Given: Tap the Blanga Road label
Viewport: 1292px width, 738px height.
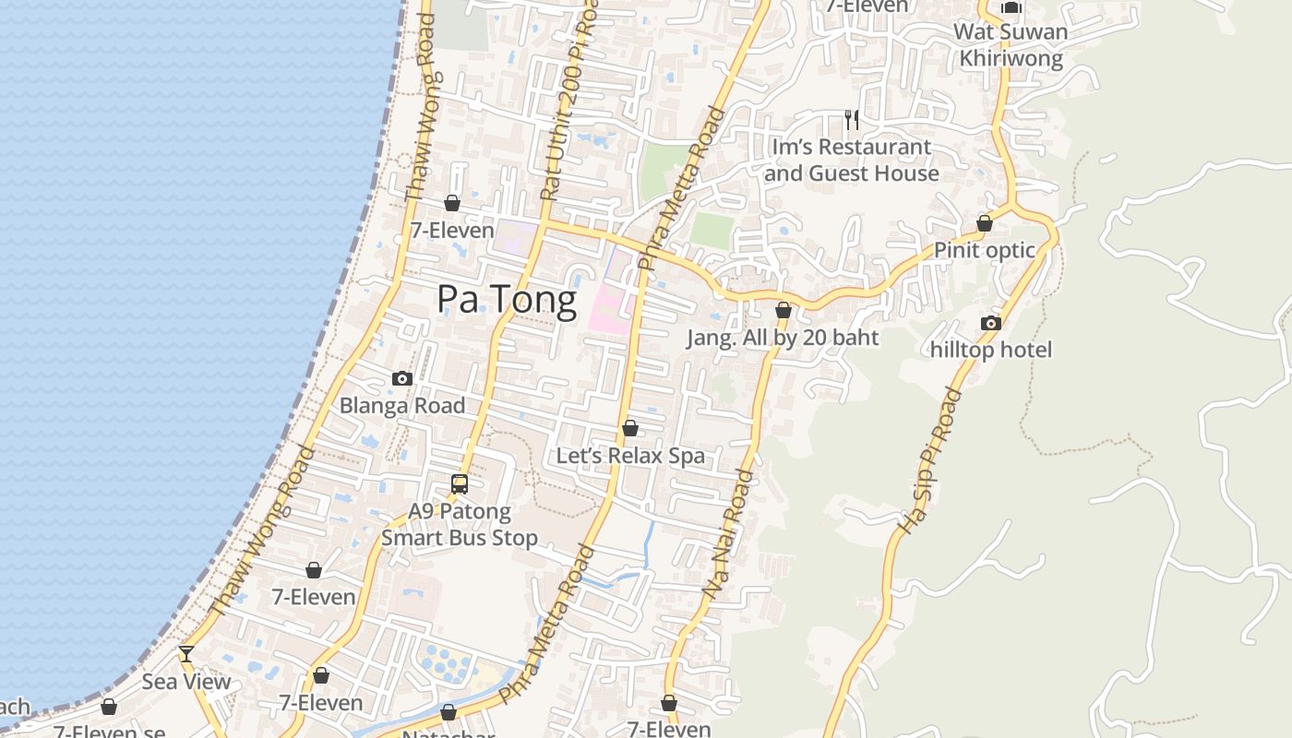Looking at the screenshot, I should tap(402, 405).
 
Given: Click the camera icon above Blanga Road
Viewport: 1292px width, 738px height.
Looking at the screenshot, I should tap(401, 378).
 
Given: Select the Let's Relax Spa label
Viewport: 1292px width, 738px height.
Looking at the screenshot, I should tap(630, 456).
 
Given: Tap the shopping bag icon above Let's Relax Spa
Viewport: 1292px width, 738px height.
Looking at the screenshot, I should tap(630, 428).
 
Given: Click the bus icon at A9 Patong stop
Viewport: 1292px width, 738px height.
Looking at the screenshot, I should tap(460, 483).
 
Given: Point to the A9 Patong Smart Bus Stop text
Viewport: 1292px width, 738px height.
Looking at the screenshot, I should tap(460, 524).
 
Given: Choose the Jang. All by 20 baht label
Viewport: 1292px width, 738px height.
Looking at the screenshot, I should tap(783, 338).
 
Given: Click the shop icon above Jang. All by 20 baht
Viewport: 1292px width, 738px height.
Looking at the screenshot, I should tap(784, 311).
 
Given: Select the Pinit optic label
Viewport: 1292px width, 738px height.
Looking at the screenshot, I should tap(985, 250).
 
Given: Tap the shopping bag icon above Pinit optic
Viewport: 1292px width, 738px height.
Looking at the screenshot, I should tap(985, 223).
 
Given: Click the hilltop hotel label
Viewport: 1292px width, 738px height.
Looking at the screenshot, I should tap(991, 350).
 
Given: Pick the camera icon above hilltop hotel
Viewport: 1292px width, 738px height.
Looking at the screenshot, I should tap(991, 323).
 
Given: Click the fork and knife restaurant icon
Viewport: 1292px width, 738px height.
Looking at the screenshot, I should tap(852, 119).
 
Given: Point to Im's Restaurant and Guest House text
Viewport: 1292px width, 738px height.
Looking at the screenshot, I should tap(852, 160).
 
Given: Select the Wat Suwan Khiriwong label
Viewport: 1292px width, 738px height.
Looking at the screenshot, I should tap(1011, 45).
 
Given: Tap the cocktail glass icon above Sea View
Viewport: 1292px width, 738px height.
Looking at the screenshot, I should tap(186, 654).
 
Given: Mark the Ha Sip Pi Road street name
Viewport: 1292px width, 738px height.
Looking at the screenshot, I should tap(930, 460).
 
